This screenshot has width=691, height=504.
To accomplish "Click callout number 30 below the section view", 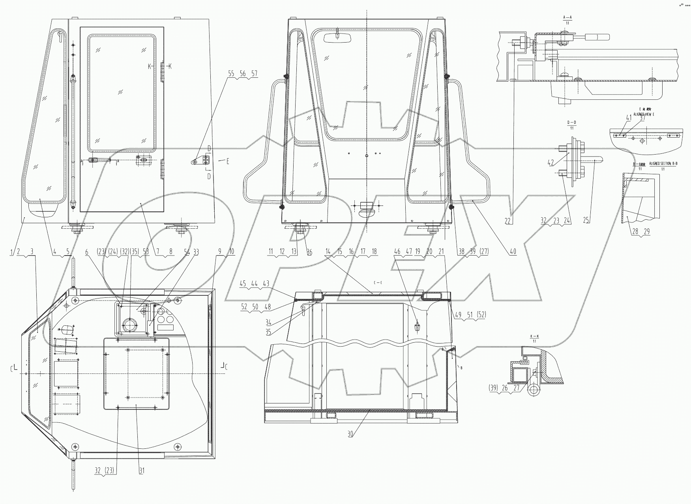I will coord(350,434).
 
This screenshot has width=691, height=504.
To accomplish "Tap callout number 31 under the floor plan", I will coord(142,471).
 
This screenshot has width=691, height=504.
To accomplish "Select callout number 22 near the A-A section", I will coord(508,221).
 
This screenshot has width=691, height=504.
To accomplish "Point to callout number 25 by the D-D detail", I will coord(586,221).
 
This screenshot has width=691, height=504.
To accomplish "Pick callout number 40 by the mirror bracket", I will coord(513,252).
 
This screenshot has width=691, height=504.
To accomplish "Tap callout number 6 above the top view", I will coord(87,252).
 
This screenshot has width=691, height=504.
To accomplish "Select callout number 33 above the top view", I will coord(196,252).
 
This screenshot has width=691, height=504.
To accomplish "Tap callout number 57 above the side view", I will coord(254,74).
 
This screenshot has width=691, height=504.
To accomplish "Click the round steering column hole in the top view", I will coord(129,325).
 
